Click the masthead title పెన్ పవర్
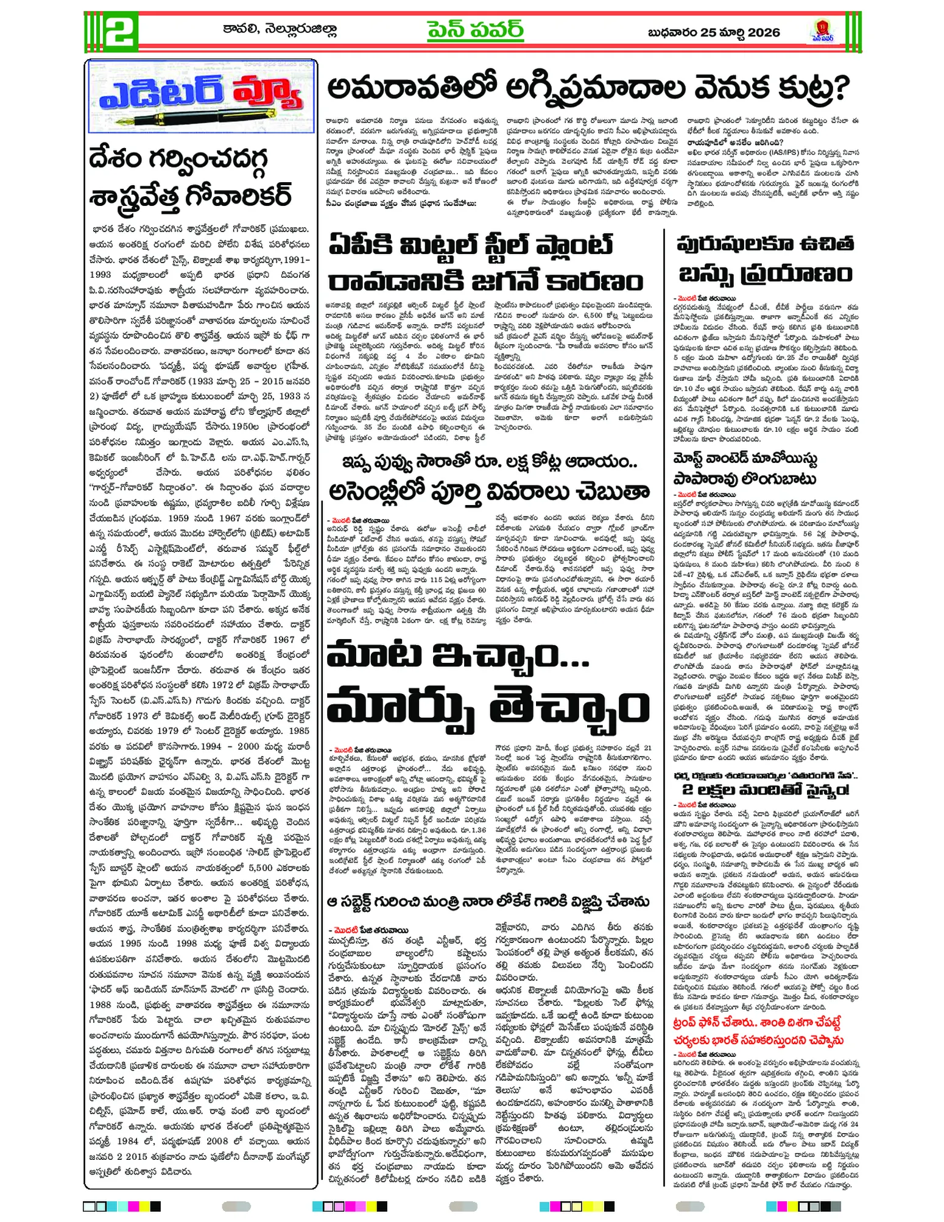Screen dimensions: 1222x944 point(474,30)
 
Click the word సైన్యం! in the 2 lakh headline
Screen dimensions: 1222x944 point(818,790)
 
